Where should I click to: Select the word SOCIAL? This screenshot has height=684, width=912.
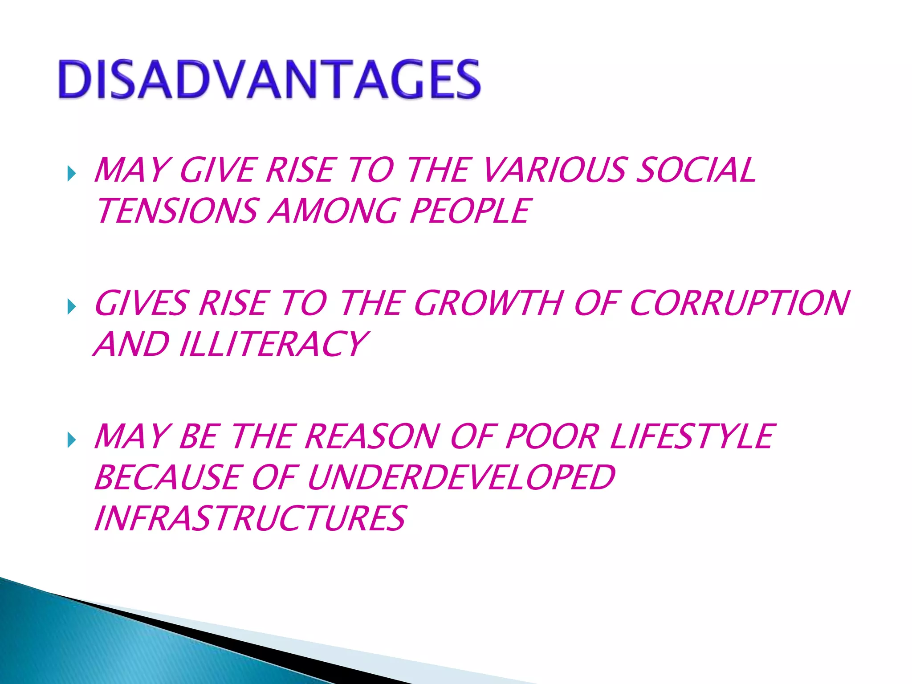click(696, 170)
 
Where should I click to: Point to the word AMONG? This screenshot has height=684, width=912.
click(333, 211)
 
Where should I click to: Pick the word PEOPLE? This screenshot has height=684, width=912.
click(470, 211)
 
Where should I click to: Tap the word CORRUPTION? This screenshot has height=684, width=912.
click(740, 303)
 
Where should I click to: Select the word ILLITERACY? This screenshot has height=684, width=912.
click(273, 344)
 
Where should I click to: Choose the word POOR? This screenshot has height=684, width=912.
click(551, 436)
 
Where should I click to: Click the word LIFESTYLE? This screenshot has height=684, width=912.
click(692, 436)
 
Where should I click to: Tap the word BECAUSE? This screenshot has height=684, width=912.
click(167, 477)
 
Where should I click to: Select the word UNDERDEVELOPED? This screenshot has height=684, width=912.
click(461, 477)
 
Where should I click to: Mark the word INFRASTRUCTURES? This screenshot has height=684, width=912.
click(250, 518)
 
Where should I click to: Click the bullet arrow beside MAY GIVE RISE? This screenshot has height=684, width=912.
click(71, 173)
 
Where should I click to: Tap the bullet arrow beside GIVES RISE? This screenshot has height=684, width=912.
click(71, 306)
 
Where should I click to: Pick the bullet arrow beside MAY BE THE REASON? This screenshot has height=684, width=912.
click(71, 440)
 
